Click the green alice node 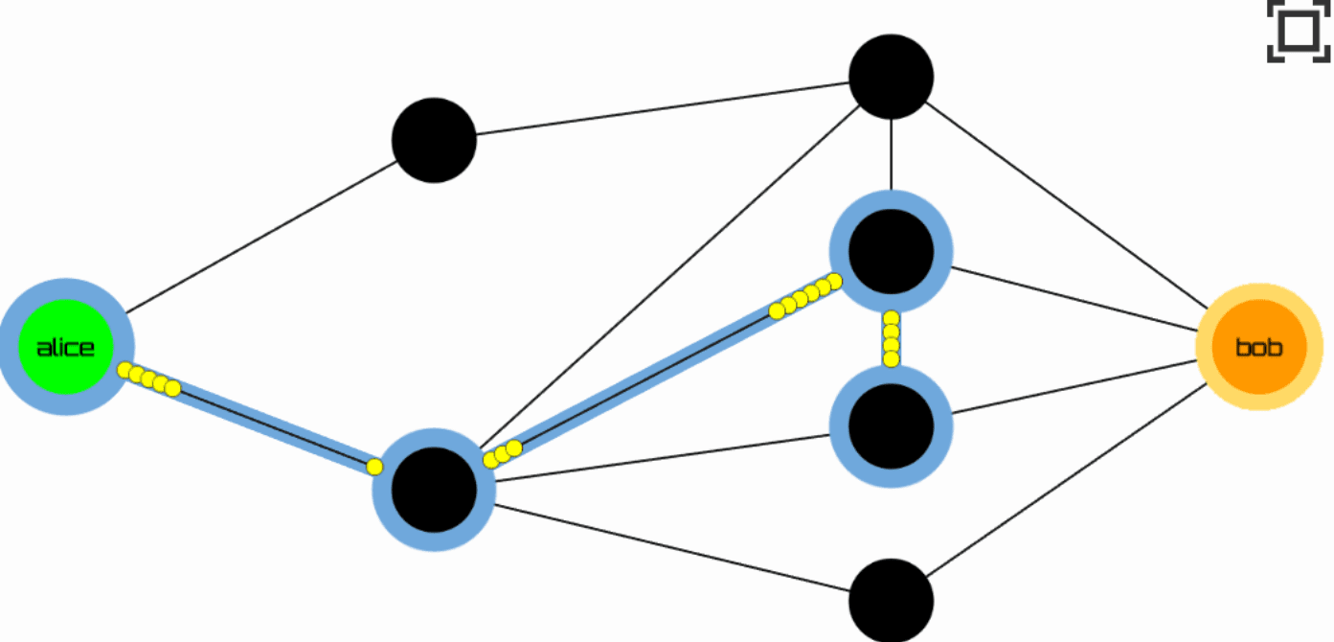[66, 347]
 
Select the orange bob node [1259, 347]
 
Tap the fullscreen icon [1299, 31]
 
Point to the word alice [65, 348]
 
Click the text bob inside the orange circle [1259, 347]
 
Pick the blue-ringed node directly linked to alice [434, 490]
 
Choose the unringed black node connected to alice [434, 140]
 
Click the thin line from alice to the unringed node [262, 237]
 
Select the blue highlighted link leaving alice [249, 418]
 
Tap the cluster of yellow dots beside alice [148, 379]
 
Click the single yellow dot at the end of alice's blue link [374, 467]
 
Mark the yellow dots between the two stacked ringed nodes [891, 338]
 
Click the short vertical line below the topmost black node [891, 155]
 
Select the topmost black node [891, 77]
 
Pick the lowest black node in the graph [891, 600]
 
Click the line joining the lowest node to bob [1067, 480]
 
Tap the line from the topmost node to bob [1067, 205]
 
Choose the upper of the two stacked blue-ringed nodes [891, 252]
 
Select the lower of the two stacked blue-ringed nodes [891, 426]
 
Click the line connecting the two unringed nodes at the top [663, 108]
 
